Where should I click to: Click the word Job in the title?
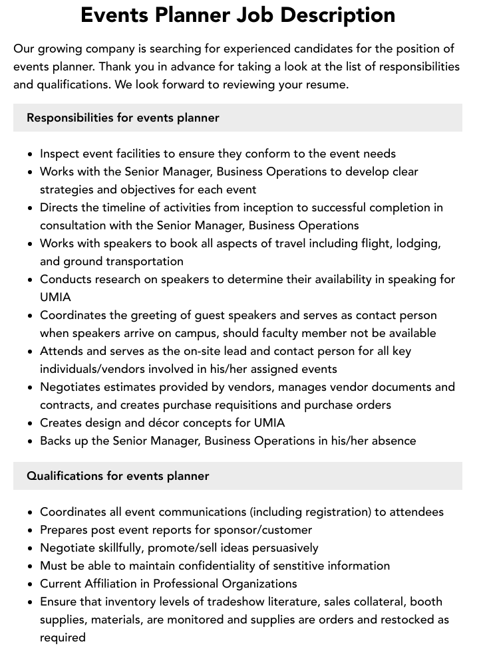243,15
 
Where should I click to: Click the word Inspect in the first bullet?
61,154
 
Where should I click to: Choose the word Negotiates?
73,387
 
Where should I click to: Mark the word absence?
393,441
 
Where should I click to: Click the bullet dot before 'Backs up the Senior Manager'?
31,441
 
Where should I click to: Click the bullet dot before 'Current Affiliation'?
31,584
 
